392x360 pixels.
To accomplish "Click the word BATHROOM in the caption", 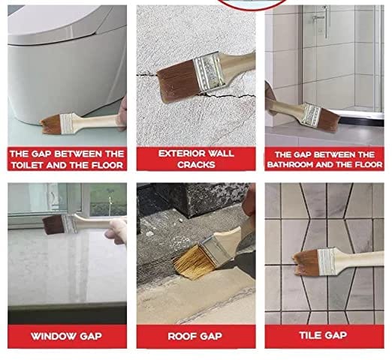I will click(x=303, y=163).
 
